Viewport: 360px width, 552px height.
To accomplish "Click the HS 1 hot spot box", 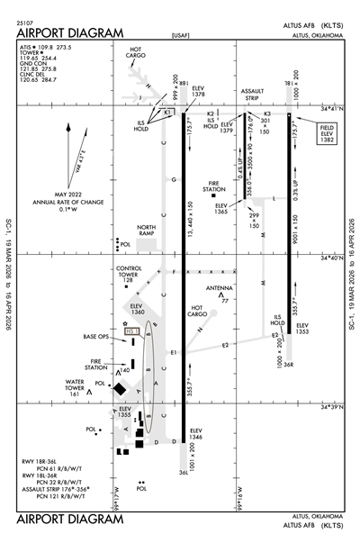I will click(131, 330).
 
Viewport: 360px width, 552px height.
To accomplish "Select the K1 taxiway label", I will click(166, 113).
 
